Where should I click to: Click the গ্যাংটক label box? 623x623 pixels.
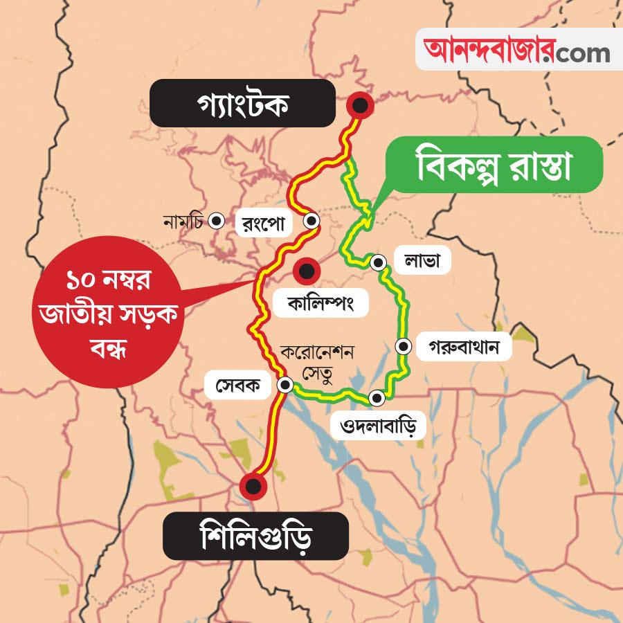pyautogui.click(x=242, y=103)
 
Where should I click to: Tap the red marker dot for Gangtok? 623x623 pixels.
pyautogui.click(x=360, y=106)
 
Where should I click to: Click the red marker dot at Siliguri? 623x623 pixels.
pyautogui.click(x=254, y=486)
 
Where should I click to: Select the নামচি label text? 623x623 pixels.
pyautogui.click(x=183, y=222)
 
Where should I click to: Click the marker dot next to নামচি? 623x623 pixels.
pyautogui.click(x=217, y=222)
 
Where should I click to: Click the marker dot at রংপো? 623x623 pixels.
pyautogui.click(x=312, y=222)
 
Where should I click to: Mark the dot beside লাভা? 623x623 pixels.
pyautogui.click(x=379, y=263)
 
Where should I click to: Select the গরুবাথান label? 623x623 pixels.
pyautogui.click(x=464, y=345)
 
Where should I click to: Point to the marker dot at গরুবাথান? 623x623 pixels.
pyautogui.click(x=403, y=345)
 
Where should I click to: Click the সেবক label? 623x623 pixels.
pyautogui.click(x=237, y=386)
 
